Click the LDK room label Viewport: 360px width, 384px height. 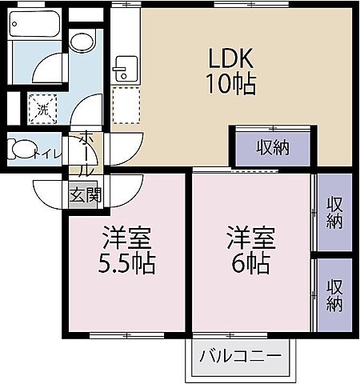[232, 58]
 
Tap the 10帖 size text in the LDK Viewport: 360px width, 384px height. [232, 84]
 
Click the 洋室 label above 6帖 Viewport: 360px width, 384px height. [250, 238]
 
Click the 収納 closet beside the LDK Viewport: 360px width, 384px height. [272, 147]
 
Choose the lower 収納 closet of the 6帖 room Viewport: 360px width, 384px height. [334, 294]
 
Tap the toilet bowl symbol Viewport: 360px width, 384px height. [22, 150]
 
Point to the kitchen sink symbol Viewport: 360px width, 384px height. [122, 67]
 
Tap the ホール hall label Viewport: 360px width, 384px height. [86, 156]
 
